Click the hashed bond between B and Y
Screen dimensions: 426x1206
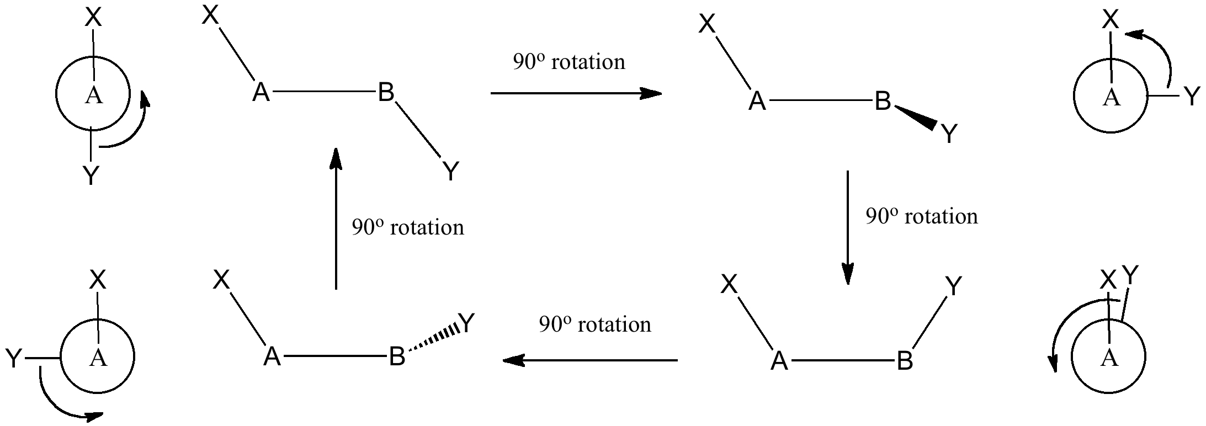433,340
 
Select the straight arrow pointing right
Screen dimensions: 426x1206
576,93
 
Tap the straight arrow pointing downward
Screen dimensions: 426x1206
847,227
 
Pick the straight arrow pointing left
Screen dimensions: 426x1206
589,360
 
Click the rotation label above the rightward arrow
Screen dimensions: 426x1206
569,62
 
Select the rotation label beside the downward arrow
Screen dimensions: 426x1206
921,216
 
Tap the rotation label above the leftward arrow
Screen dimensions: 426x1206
595,324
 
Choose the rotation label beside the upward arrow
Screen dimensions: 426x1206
408,227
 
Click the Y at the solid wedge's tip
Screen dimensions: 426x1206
949,134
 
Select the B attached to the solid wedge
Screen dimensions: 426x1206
883,101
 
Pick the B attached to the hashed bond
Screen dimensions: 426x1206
397,357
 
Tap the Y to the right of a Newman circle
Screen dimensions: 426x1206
1192,97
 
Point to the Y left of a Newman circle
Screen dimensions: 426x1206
13,359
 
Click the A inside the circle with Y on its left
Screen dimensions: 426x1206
98,358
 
